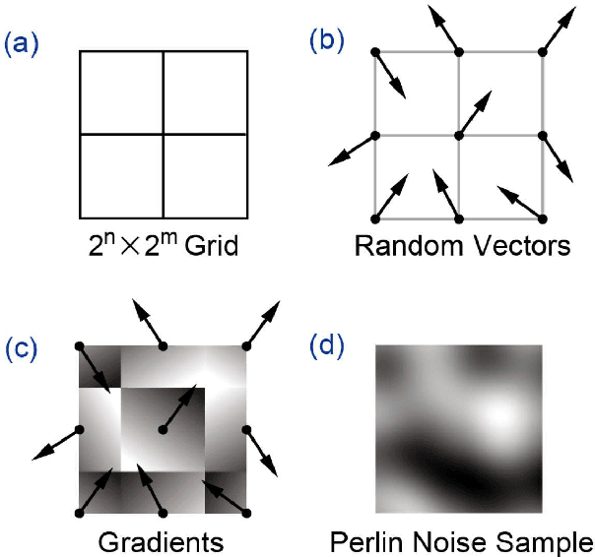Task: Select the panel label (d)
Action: (325, 348)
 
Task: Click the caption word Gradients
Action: (161, 542)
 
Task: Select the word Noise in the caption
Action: (449, 542)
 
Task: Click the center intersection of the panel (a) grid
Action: (163, 134)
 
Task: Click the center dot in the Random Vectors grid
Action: (458, 134)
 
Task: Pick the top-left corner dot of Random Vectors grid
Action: (374, 51)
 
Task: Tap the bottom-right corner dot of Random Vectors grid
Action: (542, 217)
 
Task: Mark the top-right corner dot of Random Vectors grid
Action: (542, 51)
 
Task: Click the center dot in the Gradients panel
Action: (163, 429)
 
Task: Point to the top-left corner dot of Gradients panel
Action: (79, 345)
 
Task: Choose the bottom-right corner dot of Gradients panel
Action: (246, 513)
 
